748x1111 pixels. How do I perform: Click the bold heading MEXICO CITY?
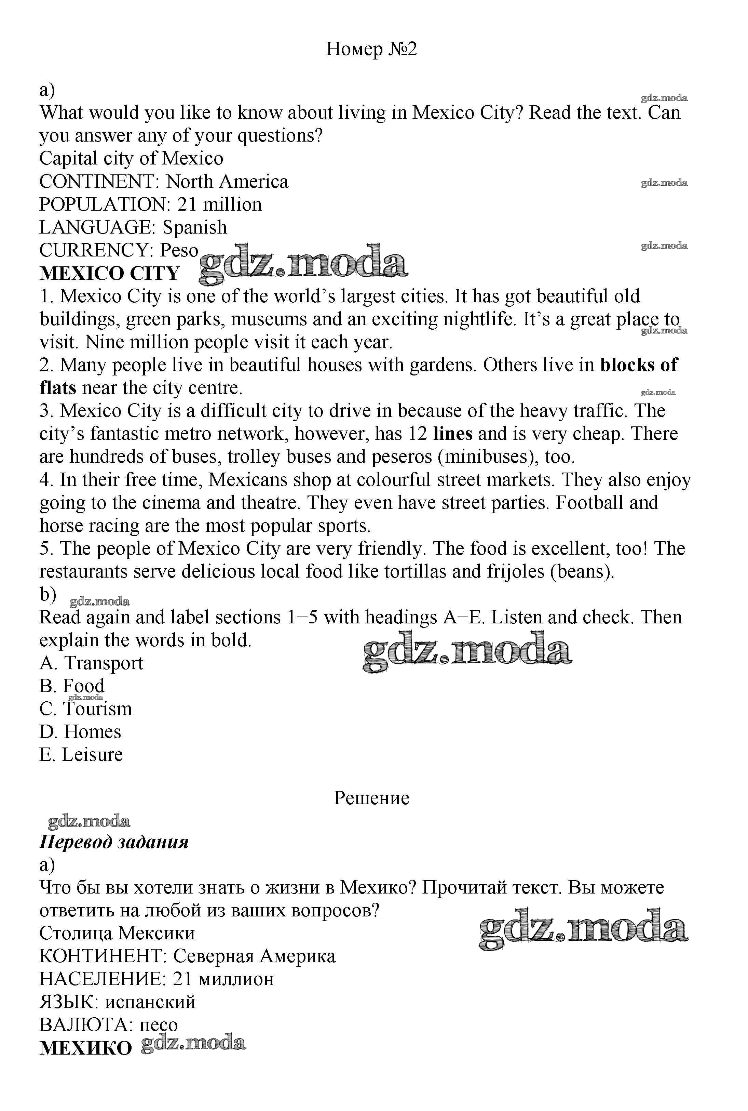tap(109, 274)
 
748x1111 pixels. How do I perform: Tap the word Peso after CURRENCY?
tap(179, 250)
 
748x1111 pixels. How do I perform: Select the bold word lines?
tap(453, 433)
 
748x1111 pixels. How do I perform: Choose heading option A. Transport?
tap(91, 663)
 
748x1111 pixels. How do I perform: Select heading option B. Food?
tap(72, 686)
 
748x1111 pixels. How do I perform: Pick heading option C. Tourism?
tap(86, 709)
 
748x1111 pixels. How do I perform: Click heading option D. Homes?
tap(80, 731)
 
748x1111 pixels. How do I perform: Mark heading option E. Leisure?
tap(81, 754)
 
